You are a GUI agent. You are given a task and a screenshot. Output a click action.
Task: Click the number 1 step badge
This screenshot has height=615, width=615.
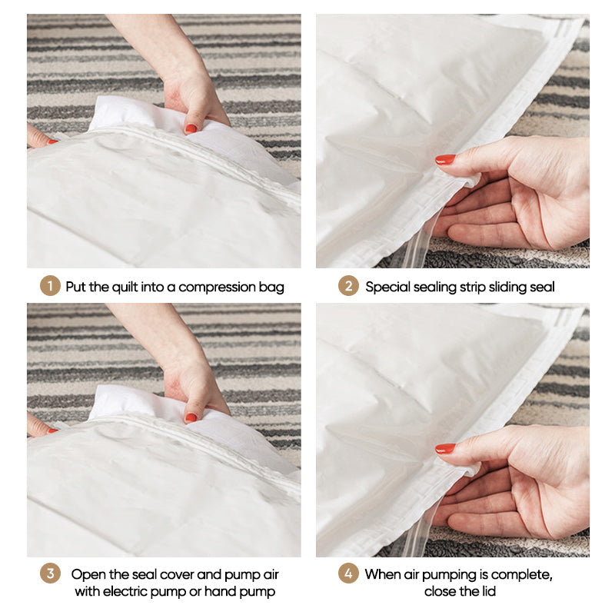[49, 287]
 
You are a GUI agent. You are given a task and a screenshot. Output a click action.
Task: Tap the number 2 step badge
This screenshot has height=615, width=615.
[348, 287]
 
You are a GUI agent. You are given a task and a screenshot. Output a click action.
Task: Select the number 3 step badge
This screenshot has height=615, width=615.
[49, 574]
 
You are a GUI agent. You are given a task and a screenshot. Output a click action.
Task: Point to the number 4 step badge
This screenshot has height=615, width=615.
[348, 574]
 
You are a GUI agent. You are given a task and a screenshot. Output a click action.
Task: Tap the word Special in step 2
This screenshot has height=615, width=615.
[387, 287]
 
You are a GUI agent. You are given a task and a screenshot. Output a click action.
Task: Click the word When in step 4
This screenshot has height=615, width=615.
[383, 574]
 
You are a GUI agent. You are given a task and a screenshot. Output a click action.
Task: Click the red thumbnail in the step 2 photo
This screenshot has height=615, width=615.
[445, 159]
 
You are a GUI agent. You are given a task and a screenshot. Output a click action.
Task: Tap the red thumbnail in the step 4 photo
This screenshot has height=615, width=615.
[445, 448]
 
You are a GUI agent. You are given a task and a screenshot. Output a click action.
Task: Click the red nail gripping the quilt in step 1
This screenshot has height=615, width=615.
[191, 128]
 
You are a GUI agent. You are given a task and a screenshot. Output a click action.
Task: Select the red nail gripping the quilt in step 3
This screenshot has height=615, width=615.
[191, 417]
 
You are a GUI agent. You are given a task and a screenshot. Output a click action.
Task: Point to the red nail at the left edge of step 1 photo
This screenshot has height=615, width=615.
[51, 141]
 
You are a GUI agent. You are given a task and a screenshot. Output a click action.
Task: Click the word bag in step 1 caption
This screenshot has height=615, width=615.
[271, 288]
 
